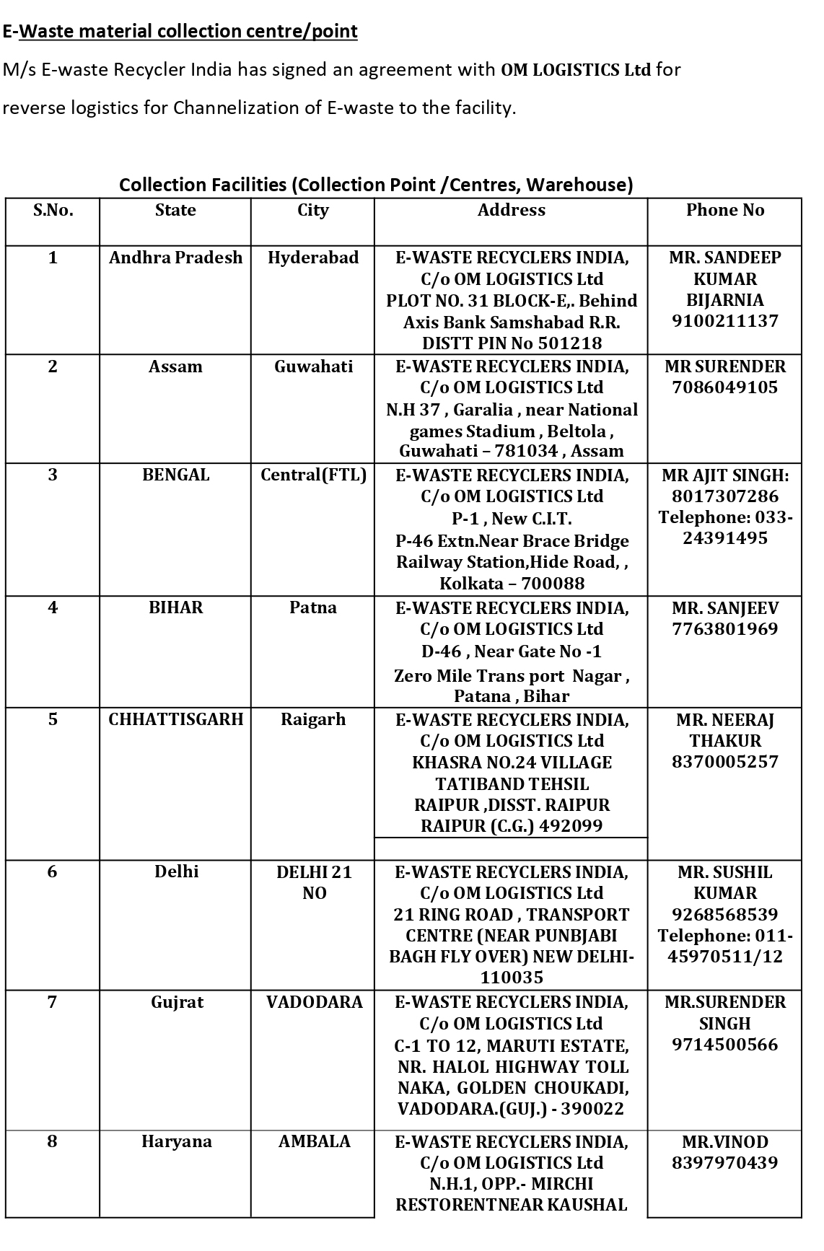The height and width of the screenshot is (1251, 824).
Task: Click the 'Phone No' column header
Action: (724, 210)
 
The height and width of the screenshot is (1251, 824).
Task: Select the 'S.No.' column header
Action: (53, 210)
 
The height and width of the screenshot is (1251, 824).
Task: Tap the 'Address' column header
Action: (511, 210)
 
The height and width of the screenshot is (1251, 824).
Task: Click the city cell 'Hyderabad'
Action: (312, 258)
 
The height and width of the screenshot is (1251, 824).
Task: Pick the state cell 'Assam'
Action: (175, 366)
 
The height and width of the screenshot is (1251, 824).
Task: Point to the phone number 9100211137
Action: (724, 321)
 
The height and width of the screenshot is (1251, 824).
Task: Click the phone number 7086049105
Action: (724, 387)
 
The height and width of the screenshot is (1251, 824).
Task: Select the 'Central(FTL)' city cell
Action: (313, 475)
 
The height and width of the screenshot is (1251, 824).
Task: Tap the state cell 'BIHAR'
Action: (175, 607)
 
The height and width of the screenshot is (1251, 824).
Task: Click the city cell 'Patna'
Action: (312, 607)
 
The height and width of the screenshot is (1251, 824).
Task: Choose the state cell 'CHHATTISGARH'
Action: (175, 719)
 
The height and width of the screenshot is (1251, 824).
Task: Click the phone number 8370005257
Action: (724, 762)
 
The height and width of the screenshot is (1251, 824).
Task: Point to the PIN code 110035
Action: (512, 978)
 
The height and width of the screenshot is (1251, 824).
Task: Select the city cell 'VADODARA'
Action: (314, 1002)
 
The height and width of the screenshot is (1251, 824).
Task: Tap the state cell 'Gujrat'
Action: (177, 1002)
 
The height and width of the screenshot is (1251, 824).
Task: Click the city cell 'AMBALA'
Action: (314, 1141)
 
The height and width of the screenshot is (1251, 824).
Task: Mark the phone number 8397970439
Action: (724, 1162)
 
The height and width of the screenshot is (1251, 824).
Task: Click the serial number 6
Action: (52, 872)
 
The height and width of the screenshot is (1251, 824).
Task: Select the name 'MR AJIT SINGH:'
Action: (724, 475)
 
